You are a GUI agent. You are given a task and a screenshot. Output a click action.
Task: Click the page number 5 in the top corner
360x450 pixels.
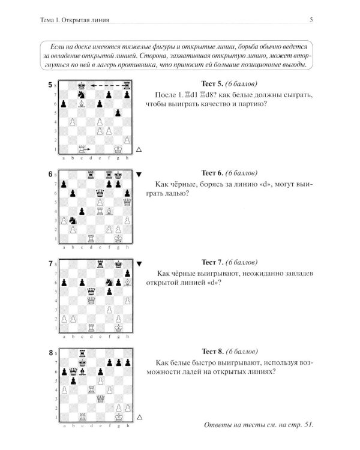tap(311, 20)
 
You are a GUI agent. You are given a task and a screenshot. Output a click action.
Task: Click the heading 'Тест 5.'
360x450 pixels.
tap(212, 84)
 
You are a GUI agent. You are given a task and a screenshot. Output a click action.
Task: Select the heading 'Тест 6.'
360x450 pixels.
tap(212, 173)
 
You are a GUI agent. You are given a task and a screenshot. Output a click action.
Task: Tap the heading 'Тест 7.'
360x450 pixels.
tap(212, 262)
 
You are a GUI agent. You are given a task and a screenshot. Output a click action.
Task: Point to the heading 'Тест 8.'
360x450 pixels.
tap(213, 352)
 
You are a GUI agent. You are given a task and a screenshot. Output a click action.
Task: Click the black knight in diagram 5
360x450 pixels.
tap(82, 94)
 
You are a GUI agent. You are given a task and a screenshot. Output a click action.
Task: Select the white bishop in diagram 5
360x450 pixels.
tap(82, 104)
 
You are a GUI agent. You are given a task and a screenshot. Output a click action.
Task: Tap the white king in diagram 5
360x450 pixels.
tap(118, 149)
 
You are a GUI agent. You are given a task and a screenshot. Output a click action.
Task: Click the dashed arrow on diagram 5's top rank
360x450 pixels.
tap(107, 86)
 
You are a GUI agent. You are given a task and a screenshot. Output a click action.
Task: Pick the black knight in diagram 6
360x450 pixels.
tap(73, 220)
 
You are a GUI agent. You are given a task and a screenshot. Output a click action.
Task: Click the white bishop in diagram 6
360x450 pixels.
tap(109, 211)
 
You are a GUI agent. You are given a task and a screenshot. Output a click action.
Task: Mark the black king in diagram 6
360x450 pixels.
tap(118, 175)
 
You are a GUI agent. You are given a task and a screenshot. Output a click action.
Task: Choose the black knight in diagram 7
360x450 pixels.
tap(109, 283)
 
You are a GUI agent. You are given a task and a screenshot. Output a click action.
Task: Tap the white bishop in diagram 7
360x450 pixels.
tap(127, 283)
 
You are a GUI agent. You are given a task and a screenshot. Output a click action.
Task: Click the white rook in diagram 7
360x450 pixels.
tap(91, 328)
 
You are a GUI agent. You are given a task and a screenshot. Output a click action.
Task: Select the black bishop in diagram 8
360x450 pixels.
tap(82, 371)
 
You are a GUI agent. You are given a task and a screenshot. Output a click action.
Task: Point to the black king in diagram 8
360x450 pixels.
tap(82, 362)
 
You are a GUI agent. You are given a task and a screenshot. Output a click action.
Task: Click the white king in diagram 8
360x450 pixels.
tap(119, 417)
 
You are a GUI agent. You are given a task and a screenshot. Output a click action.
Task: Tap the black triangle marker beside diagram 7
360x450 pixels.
tap(139, 264)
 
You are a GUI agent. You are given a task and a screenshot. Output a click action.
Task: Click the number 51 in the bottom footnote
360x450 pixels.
tap(308, 425)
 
